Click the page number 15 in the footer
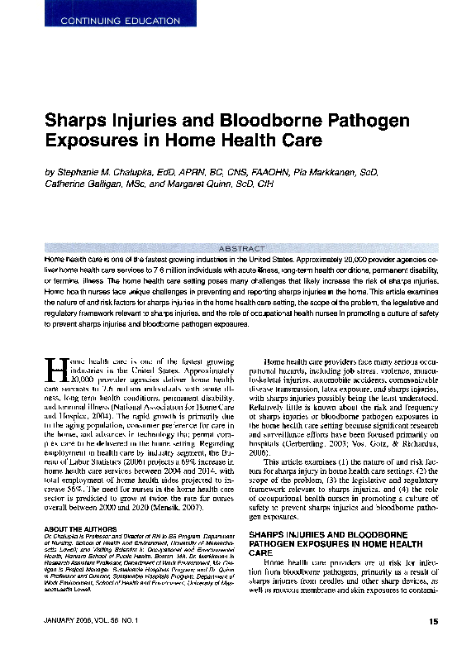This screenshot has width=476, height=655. coord(434,621)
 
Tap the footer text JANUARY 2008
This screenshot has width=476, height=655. coord(66,621)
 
